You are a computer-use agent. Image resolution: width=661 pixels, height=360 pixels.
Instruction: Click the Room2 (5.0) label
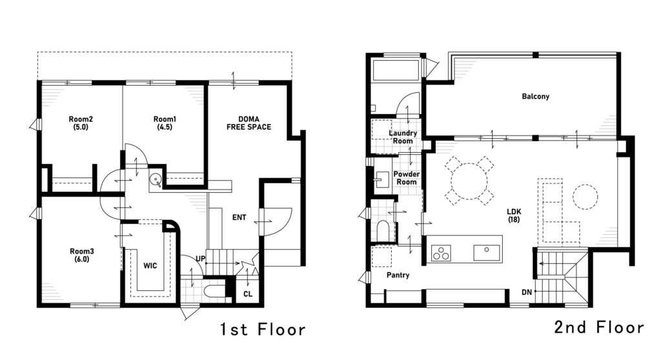pyautogui.click(x=81, y=123)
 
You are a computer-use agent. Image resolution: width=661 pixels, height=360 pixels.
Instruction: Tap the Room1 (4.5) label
pyautogui.click(x=165, y=123)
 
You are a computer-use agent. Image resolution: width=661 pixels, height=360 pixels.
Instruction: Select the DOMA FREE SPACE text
pyautogui.click(x=249, y=123)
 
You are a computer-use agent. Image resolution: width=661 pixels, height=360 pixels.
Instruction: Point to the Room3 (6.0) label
pyautogui.click(x=82, y=255)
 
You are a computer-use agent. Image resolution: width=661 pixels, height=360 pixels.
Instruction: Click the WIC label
pyautogui.click(x=150, y=266)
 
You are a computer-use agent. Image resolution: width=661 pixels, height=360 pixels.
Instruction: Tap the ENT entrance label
pyautogui.click(x=239, y=217)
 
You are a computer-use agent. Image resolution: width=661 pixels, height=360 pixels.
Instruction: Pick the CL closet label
pyautogui.click(x=248, y=294)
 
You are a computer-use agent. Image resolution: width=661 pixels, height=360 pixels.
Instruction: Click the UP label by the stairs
pyautogui.click(x=200, y=259)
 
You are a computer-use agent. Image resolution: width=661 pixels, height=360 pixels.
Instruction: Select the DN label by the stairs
pyautogui.click(x=527, y=292)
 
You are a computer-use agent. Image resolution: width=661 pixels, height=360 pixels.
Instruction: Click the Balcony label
pyautogui.click(x=535, y=97)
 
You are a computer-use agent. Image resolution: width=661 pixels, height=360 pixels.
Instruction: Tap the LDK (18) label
pyautogui.click(x=514, y=215)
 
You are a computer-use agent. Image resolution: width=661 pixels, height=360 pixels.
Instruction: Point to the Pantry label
pyautogui.click(x=398, y=275)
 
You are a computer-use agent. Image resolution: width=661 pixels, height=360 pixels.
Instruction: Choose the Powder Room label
pyautogui.click(x=407, y=178)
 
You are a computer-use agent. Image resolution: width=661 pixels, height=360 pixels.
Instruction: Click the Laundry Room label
pyautogui.click(x=403, y=137)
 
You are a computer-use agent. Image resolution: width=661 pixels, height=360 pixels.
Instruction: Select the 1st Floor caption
pyautogui.click(x=263, y=329)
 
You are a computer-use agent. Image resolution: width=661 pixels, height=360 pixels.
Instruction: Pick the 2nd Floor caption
pyautogui.click(x=599, y=327)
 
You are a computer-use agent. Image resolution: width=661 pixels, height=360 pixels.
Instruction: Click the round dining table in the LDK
pyautogui.click(x=469, y=181)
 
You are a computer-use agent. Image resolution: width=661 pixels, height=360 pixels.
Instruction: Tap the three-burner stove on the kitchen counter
pyautogui.click(x=441, y=254)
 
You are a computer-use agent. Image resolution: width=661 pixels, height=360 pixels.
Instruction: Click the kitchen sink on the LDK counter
pyautogui.click(x=487, y=252)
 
